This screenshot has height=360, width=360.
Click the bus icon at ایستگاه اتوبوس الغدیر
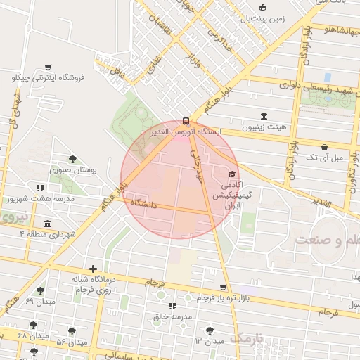(x=186, y=120)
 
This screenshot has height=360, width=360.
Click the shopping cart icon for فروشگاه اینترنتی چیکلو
(x=48, y=68)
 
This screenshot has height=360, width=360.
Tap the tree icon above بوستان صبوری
(x=72, y=160)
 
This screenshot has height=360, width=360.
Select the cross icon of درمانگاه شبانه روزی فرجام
(x=93, y=269)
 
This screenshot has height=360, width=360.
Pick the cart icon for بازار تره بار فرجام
(x=223, y=288)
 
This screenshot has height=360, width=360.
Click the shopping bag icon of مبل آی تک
(x=323, y=148)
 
